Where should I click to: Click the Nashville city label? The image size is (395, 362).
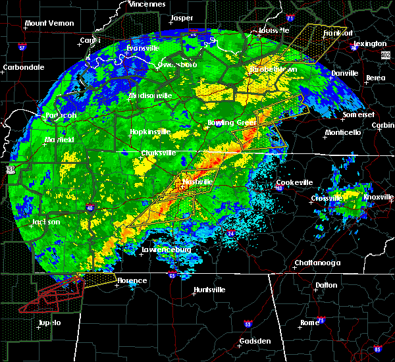click(199, 181)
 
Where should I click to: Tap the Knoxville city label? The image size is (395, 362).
click(378, 197)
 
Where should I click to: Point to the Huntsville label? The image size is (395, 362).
click(209, 290)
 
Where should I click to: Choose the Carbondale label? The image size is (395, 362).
click(23, 67)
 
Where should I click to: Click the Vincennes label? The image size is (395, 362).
click(147, 4)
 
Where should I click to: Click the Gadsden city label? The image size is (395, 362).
click(255, 341)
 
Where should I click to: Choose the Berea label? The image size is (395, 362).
click(375, 78)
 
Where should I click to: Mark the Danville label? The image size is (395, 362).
click(345, 73)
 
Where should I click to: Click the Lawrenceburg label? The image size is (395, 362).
click(166, 250)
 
